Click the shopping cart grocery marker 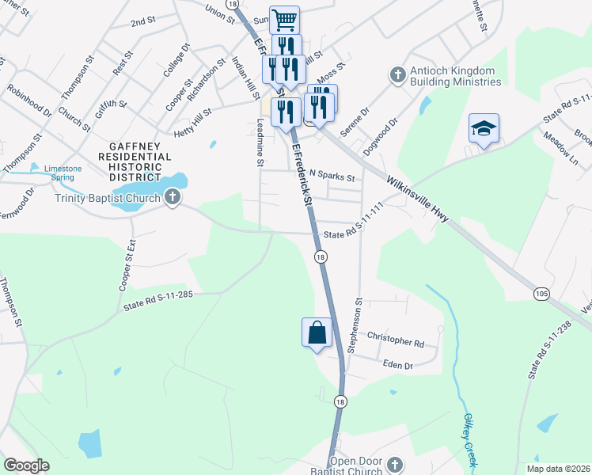pyautogui.click(x=284, y=19)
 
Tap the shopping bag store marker pyautogui.click(x=317, y=332)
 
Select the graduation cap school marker pyautogui.click(x=484, y=128)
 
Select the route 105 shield pyautogui.click(x=541, y=294)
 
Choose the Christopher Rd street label pyautogui.click(x=396, y=342)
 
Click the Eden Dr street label pyautogui.click(x=398, y=366)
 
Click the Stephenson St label pyautogui.click(x=358, y=325)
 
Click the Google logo pyautogui.click(x=27, y=465)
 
